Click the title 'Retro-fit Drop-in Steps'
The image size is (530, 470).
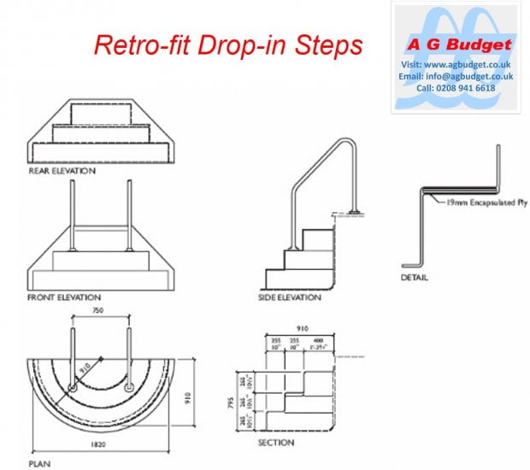[227, 45]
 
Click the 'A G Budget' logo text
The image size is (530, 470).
[460, 44]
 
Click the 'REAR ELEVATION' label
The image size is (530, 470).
[62, 171]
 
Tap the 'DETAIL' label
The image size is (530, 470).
[415, 278]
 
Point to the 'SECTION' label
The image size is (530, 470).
[276, 443]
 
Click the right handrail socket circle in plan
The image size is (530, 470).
[129, 387]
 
